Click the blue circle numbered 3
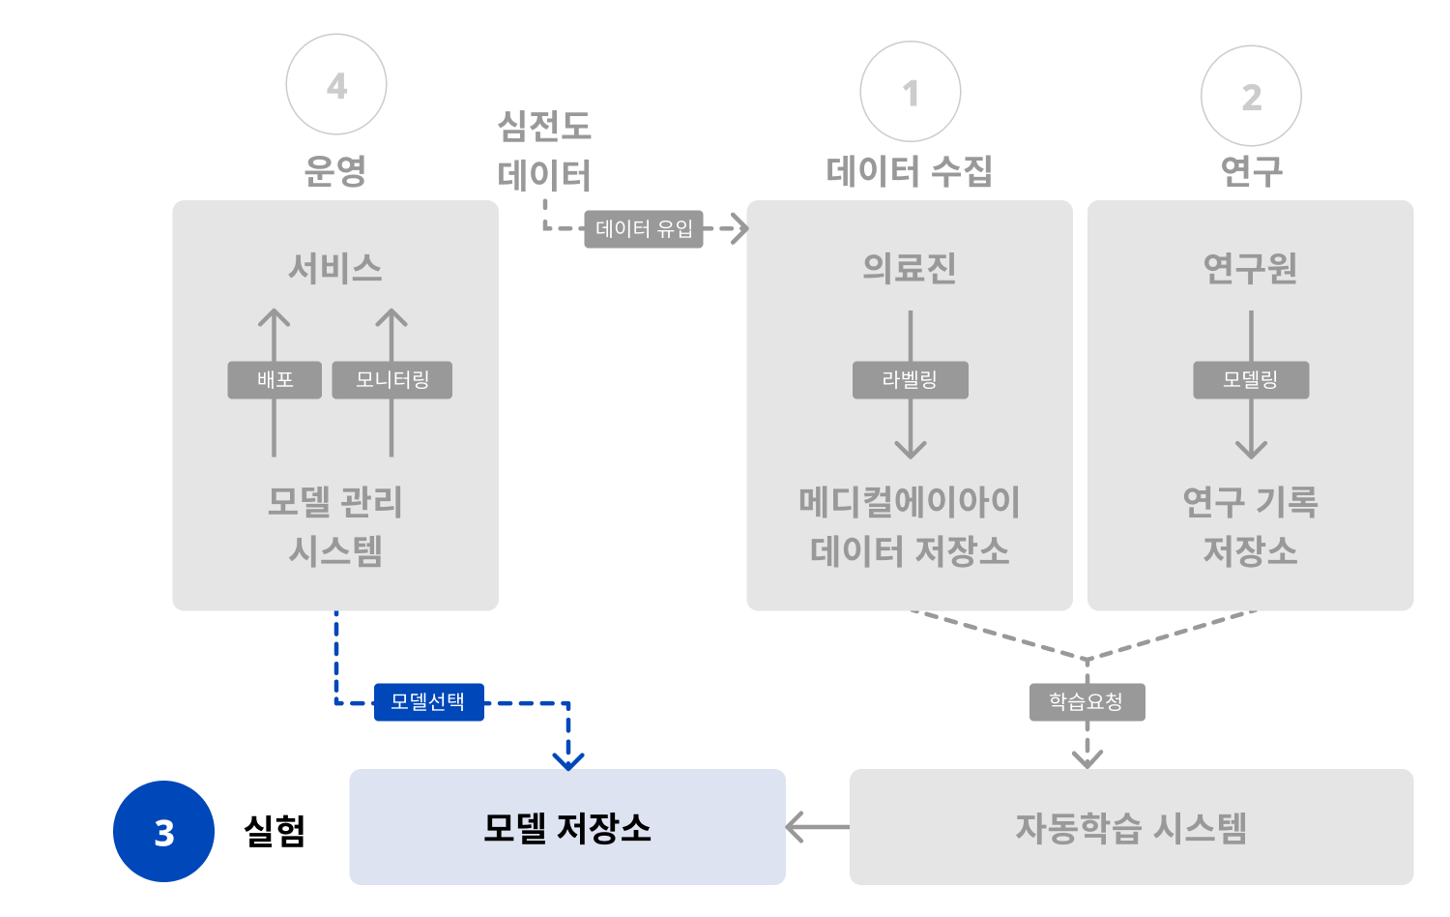tap(163, 832)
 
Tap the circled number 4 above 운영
tap(336, 85)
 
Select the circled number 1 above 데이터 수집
tap(911, 92)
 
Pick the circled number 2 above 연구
tap(1251, 96)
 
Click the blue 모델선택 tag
tap(428, 702)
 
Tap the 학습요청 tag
tap(1087, 702)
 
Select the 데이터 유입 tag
tap(644, 229)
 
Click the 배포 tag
tap(275, 380)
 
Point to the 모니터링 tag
tap(391, 380)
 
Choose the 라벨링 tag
tap(910, 380)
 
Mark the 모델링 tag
tap(1251, 380)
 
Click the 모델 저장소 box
tap(567, 827)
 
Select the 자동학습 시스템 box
tap(1131, 827)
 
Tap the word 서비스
tap(335, 268)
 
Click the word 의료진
tap(910, 268)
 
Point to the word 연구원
tap(1250, 268)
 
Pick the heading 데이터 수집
tap(910, 171)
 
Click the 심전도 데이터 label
tap(544, 151)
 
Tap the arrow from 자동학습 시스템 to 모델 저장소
tap(817, 827)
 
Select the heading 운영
tap(335, 171)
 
